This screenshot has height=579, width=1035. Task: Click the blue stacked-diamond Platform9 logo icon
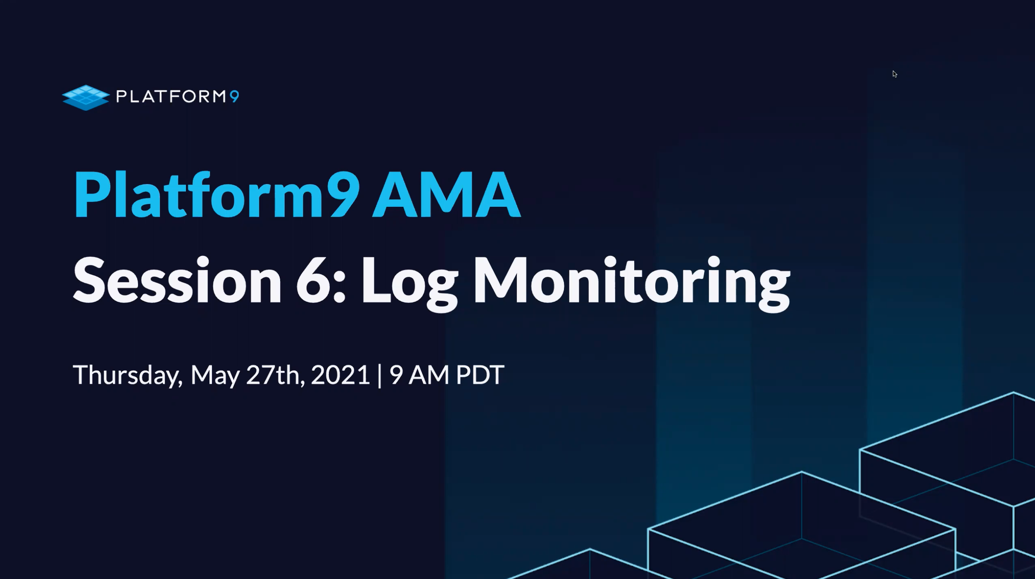(x=86, y=98)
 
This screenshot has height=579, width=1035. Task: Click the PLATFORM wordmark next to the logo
(x=171, y=97)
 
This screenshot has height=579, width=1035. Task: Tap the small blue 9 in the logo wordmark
(x=234, y=97)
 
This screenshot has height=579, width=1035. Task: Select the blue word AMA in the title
(x=446, y=194)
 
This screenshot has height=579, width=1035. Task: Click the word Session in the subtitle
(x=177, y=281)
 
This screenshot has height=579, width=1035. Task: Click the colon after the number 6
(x=339, y=287)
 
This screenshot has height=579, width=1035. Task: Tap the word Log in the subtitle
(x=409, y=284)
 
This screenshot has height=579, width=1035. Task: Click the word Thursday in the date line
(x=128, y=375)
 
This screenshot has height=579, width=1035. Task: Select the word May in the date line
(x=215, y=376)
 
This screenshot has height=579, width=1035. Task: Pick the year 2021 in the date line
(x=340, y=375)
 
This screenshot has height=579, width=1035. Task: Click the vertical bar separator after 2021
(x=379, y=376)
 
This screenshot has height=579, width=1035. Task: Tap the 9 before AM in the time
(x=396, y=375)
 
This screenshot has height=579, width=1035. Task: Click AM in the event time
(x=429, y=375)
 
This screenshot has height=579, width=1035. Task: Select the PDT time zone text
(x=480, y=375)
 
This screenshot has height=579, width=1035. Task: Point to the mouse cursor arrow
(x=895, y=74)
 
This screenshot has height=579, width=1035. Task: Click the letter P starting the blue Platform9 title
(x=91, y=194)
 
